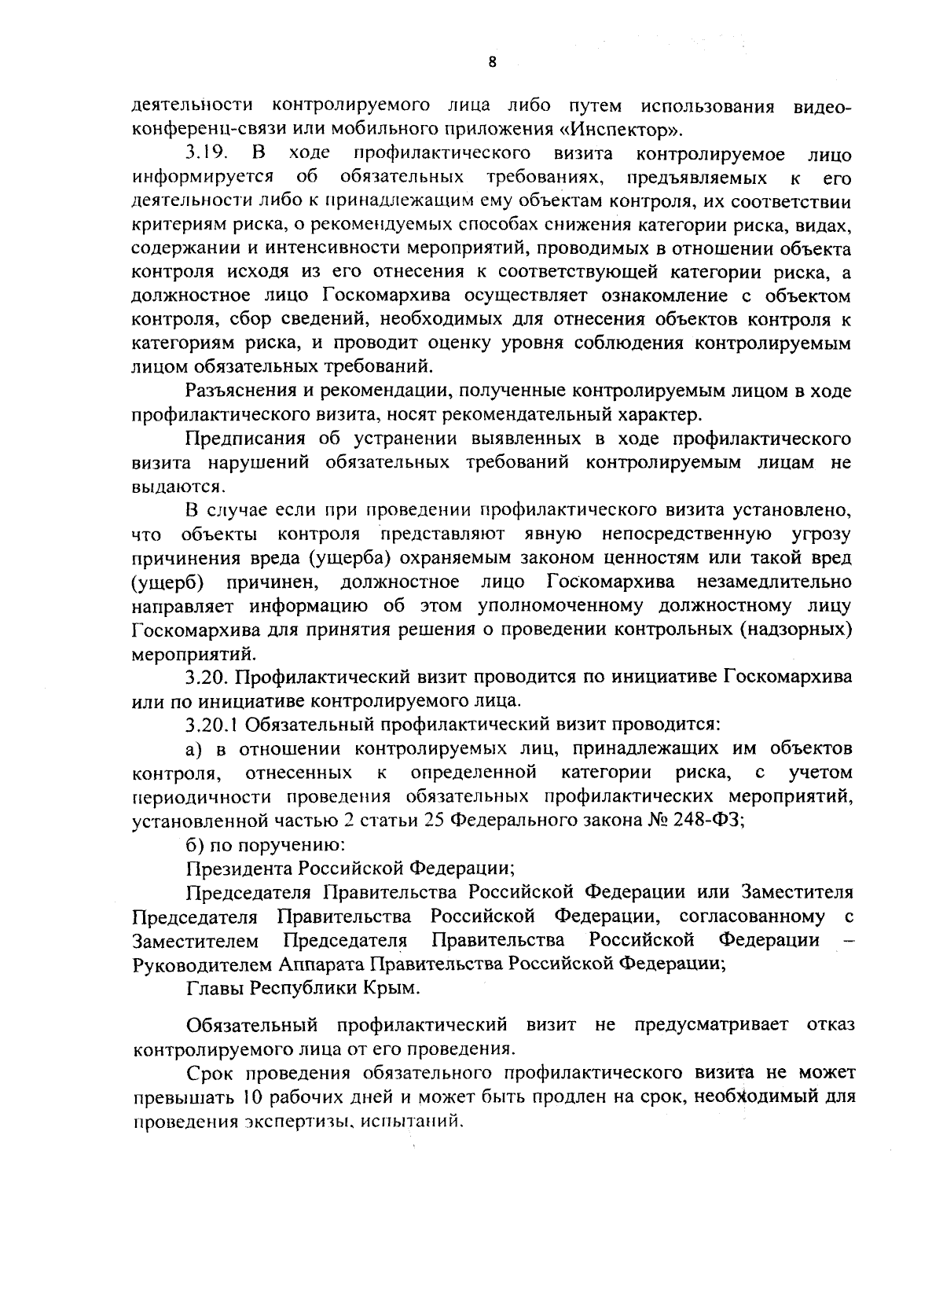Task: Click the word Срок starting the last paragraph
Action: tap(211, 1074)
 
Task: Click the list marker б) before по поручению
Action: tap(195, 844)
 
